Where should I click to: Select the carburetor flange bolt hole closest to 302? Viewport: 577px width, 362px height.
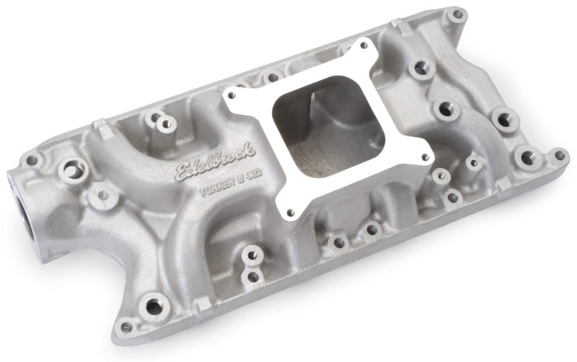tap(292, 212)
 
